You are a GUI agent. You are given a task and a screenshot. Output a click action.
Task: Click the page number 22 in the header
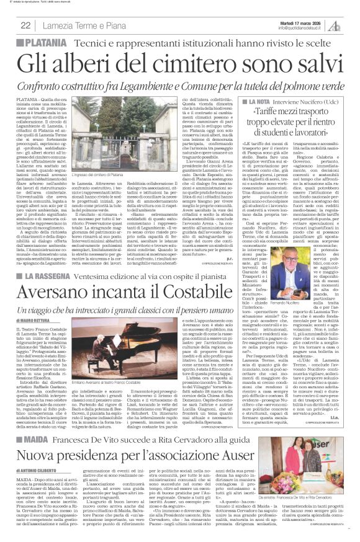25,25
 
